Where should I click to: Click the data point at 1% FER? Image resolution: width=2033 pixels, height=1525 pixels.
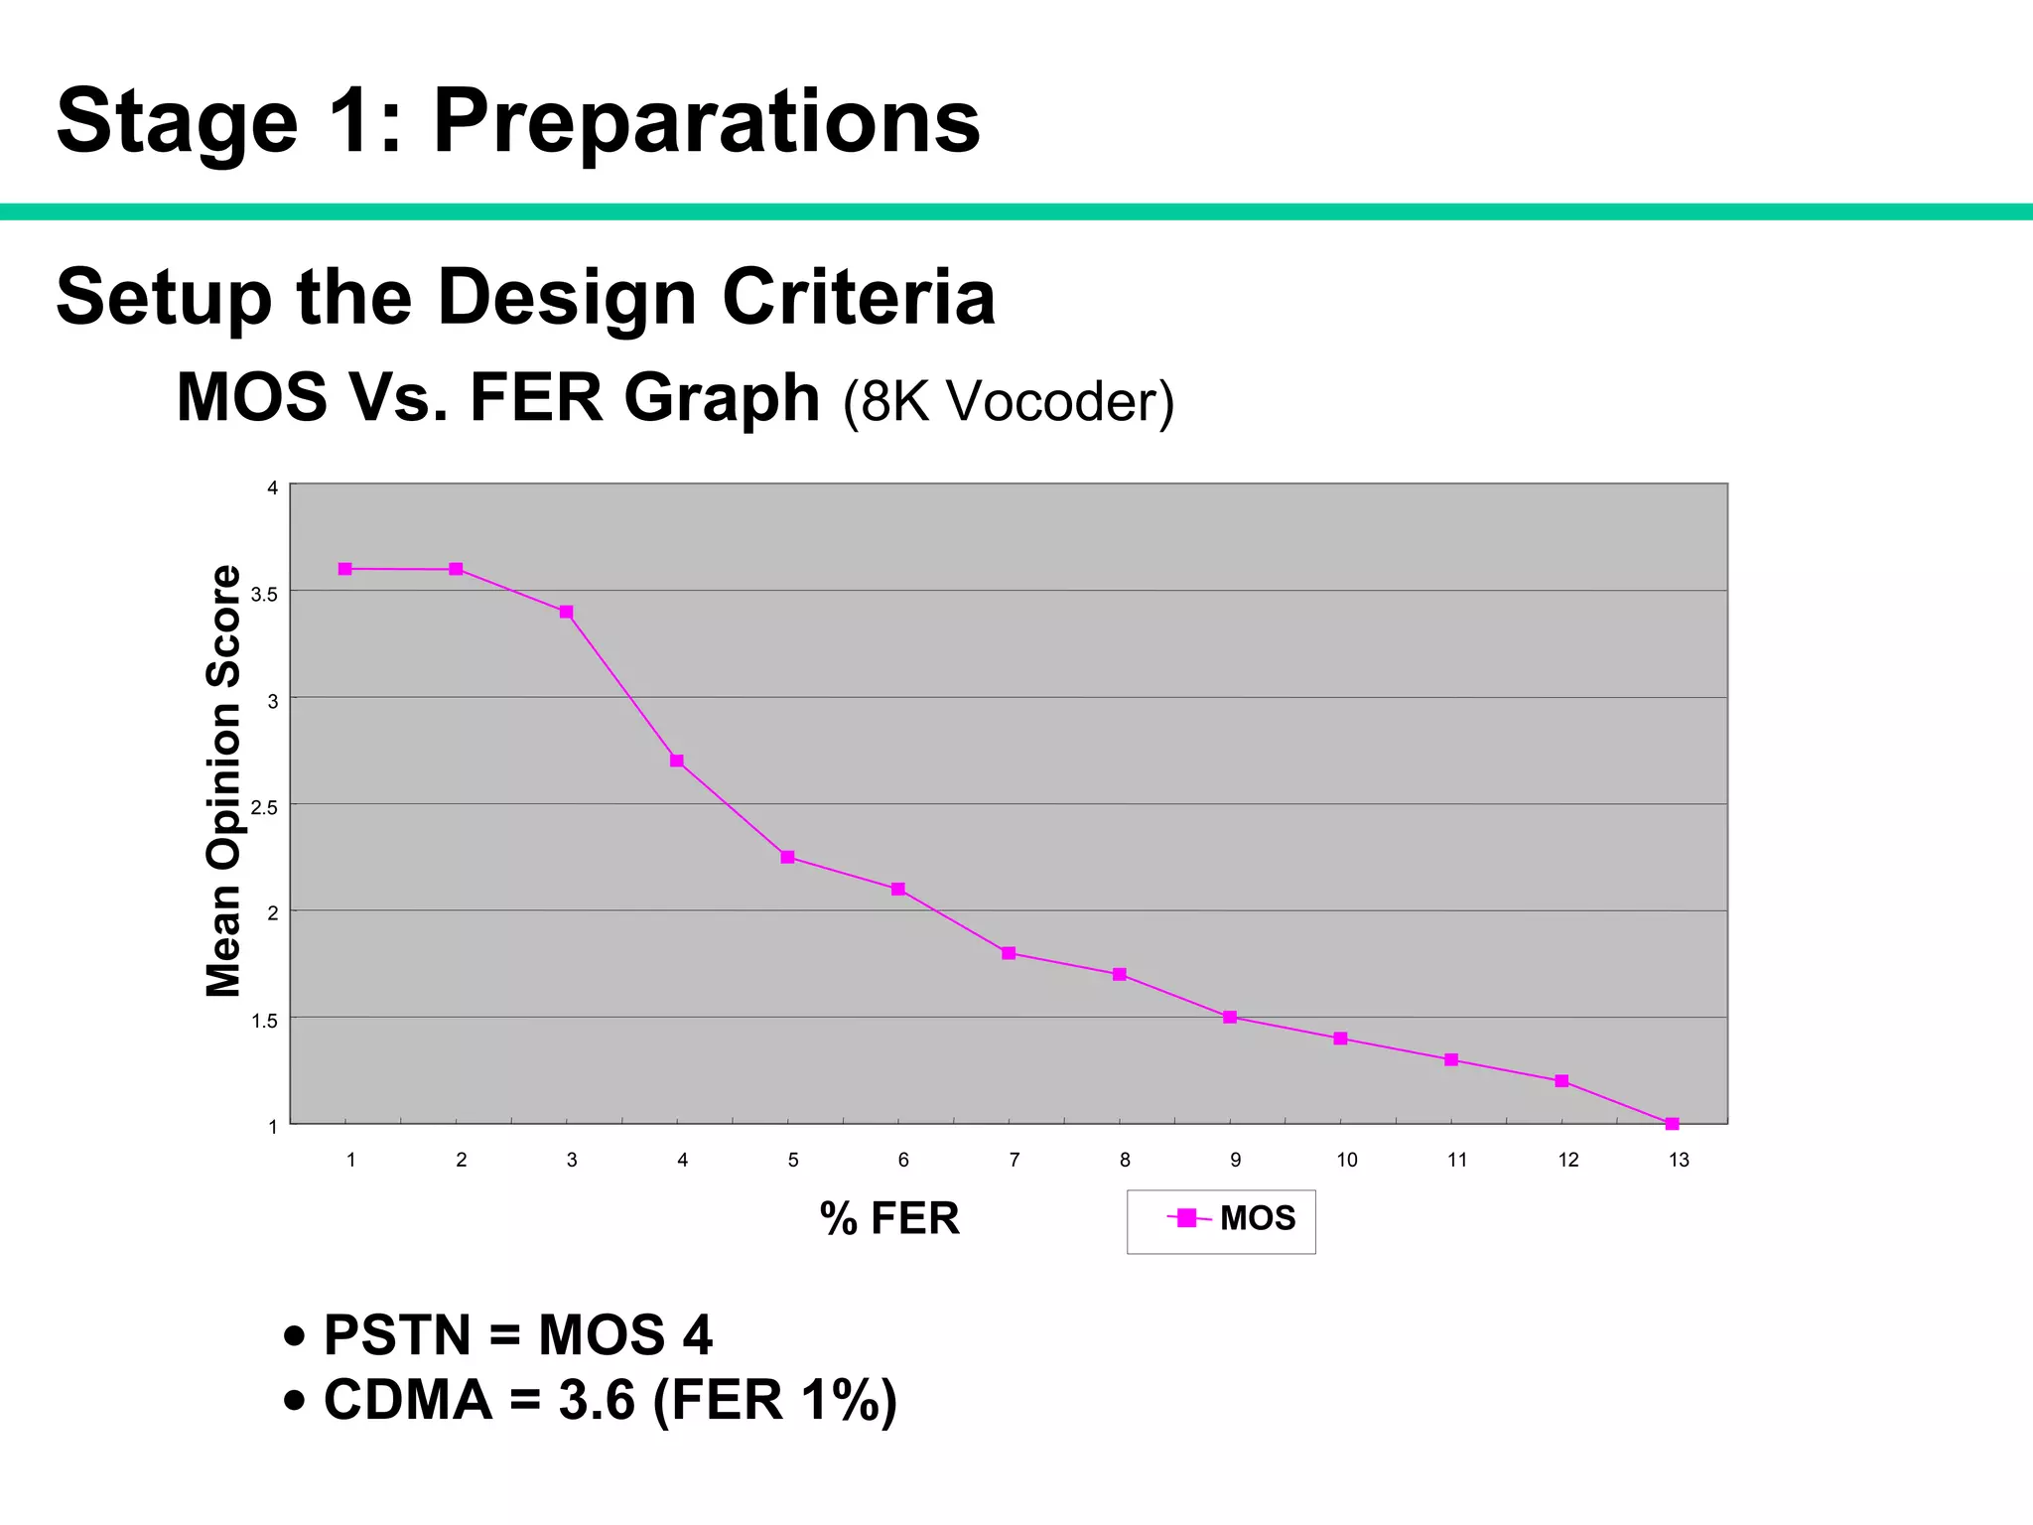345,569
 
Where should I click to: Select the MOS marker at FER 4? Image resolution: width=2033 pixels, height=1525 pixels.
677,761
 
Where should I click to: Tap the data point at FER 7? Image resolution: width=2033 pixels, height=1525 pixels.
1009,953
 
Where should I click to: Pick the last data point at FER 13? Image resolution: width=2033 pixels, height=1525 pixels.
1672,1124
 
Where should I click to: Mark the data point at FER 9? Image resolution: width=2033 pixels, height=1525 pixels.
1230,1017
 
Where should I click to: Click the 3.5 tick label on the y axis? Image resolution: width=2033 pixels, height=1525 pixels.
264,595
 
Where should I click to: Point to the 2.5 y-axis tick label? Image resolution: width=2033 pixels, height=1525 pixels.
264,807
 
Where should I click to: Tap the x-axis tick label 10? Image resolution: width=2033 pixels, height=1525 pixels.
1346,1160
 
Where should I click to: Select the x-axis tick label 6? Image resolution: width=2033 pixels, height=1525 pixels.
903,1160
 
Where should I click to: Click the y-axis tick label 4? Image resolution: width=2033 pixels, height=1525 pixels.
272,487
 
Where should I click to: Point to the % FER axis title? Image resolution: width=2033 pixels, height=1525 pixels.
889,1218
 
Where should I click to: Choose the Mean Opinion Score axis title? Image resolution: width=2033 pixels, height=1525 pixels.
224,780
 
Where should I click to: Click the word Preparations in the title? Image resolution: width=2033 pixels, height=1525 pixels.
707,121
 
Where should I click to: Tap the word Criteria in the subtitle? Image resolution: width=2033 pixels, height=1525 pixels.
859,297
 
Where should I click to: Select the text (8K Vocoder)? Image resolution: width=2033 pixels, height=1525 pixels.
1009,401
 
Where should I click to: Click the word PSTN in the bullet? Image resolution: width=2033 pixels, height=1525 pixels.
397,1334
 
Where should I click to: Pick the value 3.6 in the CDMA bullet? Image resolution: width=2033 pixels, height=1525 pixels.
596,1400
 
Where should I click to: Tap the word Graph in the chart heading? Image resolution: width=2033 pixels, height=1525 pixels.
722,397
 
